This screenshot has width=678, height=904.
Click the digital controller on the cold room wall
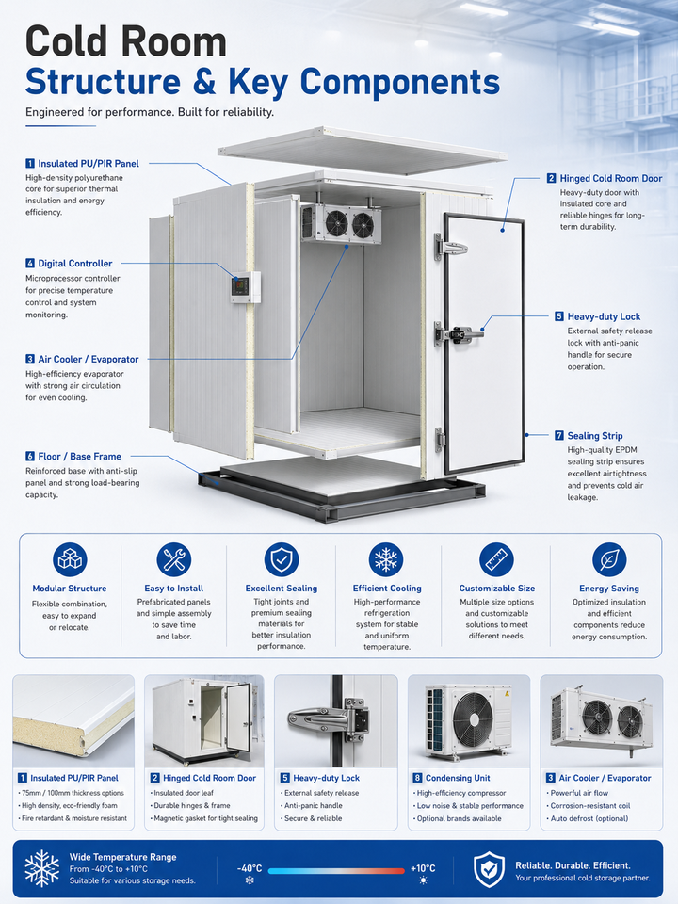point(246,286)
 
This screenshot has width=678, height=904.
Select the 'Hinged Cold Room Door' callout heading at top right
point(610,179)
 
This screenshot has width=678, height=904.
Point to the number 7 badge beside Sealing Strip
point(559,435)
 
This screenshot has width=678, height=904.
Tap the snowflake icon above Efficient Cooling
point(386,559)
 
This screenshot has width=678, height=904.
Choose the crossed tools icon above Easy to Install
point(173,559)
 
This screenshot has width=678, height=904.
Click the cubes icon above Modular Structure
point(70,559)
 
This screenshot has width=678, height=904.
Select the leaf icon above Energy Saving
point(609,559)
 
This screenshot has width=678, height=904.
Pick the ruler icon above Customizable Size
point(496,559)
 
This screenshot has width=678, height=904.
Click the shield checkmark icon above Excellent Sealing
point(282,559)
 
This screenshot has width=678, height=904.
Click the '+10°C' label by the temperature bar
point(423,868)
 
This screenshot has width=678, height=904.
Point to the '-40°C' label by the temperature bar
point(250,868)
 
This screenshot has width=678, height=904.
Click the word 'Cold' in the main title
point(66,41)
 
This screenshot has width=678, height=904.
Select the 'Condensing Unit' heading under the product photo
point(458,778)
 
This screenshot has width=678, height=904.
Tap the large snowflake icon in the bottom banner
point(41,868)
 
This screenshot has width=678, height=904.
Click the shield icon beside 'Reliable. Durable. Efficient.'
point(489,869)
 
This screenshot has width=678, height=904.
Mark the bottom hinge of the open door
point(440,440)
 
